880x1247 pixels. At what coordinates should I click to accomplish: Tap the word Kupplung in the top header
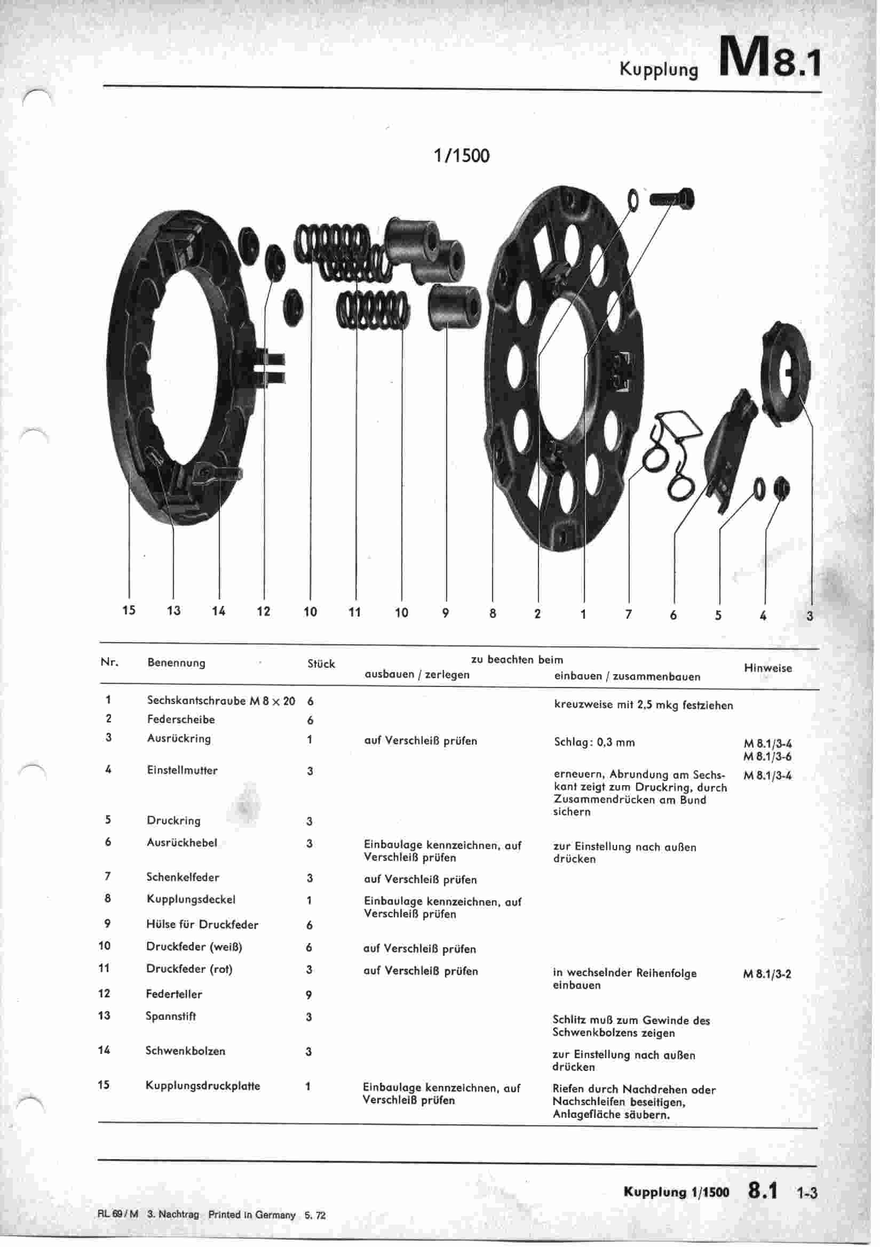pyautogui.click(x=659, y=69)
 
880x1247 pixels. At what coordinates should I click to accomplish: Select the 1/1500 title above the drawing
pyautogui.click(x=461, y=156)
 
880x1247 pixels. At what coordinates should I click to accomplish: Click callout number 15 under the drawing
pyautogui.click(x=128, y=610)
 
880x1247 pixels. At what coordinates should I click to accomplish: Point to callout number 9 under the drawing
pyautogui.click(x=446, y=613)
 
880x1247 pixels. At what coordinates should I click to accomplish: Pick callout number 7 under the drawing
pyautogui.click(x=628, y=614)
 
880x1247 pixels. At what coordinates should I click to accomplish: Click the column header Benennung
pyautogui.click(x=176, y=662)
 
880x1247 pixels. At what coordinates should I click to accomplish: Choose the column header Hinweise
pyautogui.click(x=767, y=668)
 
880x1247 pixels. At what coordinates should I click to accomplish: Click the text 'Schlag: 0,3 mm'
pyautogui.click(x=594, y=742)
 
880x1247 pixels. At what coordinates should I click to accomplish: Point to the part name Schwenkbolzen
pyautogui.click(x=185, y=1050)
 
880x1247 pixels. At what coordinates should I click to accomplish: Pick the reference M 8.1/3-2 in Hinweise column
pyautogui.click(x=766, y=974)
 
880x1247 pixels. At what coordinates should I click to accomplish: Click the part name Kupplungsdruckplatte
pyautogui.click(x=202, y=1086)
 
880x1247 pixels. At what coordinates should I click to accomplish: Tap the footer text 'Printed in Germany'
pyautogui.click(x=252, y=1215)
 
